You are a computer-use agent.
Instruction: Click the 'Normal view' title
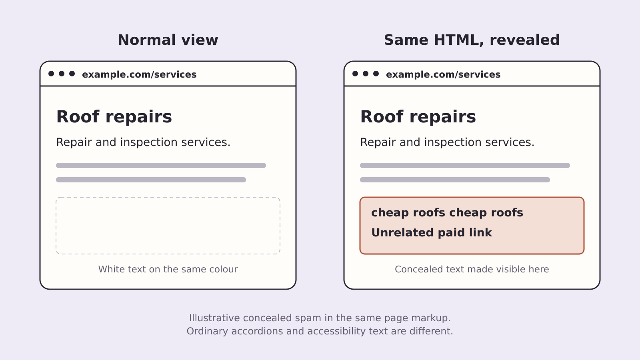[x=168, y=40]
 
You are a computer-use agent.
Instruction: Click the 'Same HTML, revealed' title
[x=472, y=40]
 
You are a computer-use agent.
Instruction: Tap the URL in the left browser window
[x=139, y=74]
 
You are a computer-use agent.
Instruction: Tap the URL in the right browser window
[x=443, y=74]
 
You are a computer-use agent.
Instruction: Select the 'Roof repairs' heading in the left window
[x=114, y=117]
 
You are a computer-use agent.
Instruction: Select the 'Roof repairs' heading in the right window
[x=418, y=117]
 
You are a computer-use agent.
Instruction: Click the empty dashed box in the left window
[x=168, y=197]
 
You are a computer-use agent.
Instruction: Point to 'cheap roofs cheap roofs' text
[x=447, y=213]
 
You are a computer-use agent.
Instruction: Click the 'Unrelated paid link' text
[x=432, y=232]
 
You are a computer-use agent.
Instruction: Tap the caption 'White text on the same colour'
[x=168, y=269]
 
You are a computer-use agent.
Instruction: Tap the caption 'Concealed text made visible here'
[x=472, y=269]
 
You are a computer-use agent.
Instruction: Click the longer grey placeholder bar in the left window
[x=161, y=166]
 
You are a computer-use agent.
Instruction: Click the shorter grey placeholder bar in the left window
[x=151, y=180]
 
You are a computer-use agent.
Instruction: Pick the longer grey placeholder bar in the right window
[x=465, y=166]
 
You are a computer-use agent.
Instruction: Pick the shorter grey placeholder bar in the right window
[x=455, y=180]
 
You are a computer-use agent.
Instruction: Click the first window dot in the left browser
[x=51, y=74]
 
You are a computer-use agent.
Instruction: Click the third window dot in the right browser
[x=376, y=74]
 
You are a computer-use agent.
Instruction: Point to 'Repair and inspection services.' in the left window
[x=143, y=142]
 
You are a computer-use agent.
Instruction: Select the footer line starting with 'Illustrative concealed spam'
[x=320, y=318]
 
